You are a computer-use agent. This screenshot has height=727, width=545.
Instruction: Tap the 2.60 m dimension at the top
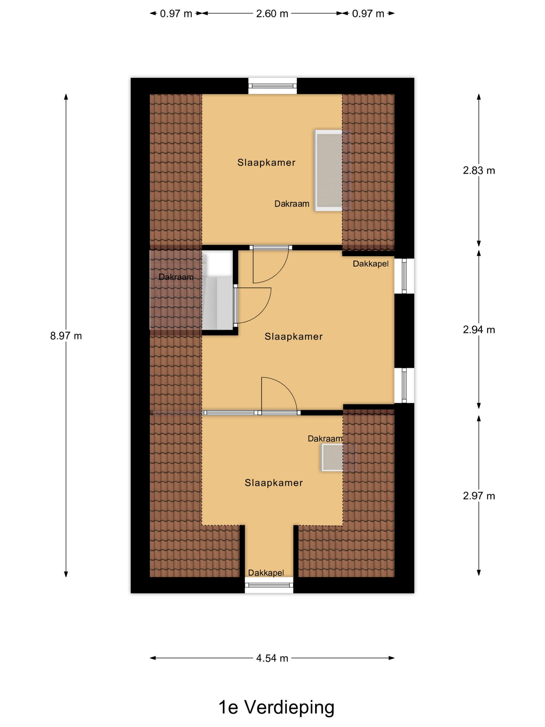pos(272,14)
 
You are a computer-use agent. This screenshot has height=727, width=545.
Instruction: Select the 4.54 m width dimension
pos(272,658)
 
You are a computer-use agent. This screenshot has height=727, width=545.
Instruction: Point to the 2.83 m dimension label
pos(479,171)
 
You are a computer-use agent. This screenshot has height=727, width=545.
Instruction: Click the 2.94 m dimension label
pos(479,330)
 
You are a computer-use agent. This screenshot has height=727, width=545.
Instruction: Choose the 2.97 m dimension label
pos(479,496)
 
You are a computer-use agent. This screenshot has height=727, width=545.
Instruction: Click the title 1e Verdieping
pos(276,707)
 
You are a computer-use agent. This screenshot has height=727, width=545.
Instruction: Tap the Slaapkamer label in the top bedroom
pos(267,162)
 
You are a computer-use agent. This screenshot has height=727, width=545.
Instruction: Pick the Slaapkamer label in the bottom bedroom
pos(274,483)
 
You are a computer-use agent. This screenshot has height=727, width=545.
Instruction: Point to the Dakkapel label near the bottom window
pos(266,573)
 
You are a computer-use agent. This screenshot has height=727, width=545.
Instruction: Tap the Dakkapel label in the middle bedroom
pos(371,264)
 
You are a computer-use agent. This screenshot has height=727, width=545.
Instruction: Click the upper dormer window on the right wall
pos(404,276)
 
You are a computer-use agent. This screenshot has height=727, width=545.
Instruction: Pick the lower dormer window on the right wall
pos(404,385)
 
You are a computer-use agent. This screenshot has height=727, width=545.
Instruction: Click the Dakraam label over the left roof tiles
pos(176,277)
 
